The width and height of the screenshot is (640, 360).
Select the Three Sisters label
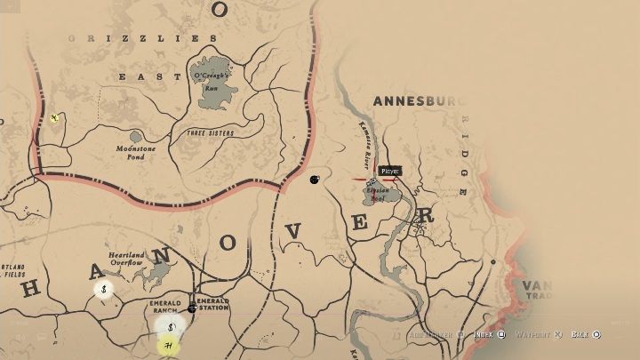(210, 133)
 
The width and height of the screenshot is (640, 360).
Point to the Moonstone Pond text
(135, 153)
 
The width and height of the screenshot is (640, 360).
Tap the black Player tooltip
(389, 171)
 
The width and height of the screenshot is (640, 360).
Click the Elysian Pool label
(380, 195)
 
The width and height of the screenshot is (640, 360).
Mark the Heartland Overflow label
(126, 260)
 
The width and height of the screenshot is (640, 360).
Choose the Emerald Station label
(212, 305)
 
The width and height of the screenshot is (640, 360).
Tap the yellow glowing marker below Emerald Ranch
(167, 344)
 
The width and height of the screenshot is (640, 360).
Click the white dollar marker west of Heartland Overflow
(104, 289)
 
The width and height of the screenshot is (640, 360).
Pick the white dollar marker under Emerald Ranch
(171, 327)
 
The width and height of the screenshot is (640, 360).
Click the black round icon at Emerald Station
(191, 309)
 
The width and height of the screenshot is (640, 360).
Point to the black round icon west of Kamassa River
(314, 180)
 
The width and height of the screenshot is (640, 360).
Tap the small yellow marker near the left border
(55, 117)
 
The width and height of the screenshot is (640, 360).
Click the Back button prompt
(585, 335)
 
